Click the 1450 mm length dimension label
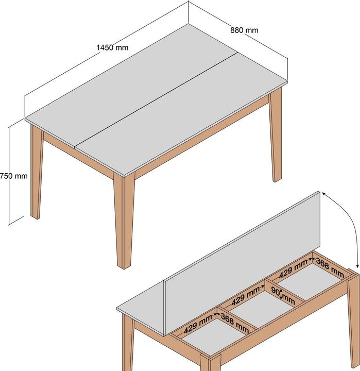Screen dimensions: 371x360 pos(112,48)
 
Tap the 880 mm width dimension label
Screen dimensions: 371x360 pos(244,30)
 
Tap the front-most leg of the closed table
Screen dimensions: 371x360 pos(124,222)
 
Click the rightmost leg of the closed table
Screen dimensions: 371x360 pos(276,139)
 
